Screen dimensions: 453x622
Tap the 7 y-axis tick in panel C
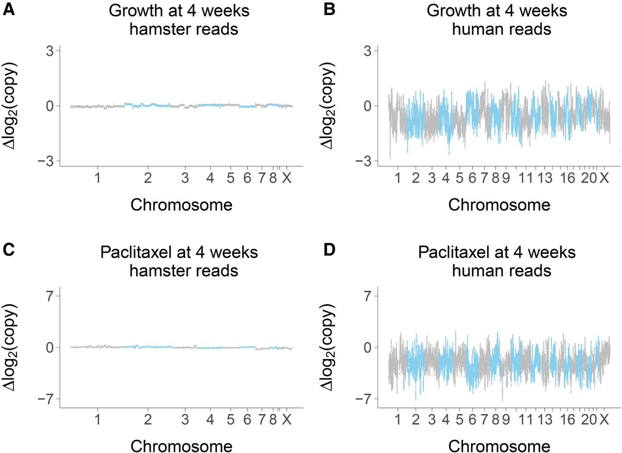(50, 296)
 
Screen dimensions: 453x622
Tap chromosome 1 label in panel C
(98, 419)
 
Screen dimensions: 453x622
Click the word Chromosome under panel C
(181, 446)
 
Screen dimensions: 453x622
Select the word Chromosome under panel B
(499, 205)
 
